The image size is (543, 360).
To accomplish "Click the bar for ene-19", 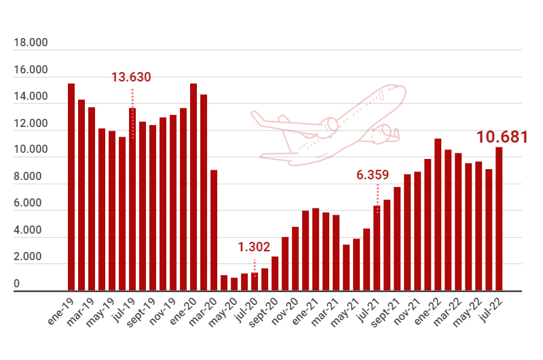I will (71, 187).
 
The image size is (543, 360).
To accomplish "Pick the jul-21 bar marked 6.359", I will (377, 249).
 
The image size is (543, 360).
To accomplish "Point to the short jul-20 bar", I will (255, 283).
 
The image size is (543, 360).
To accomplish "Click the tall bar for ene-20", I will (193, 187).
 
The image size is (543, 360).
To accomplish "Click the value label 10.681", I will (502, 137).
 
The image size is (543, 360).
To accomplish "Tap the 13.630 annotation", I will (131, 77).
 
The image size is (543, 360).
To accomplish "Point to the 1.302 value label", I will (254, 247).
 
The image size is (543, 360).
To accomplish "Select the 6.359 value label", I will (373, 175).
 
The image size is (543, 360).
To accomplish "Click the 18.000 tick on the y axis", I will (31, 43).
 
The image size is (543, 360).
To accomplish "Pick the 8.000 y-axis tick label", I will (31, 177).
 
